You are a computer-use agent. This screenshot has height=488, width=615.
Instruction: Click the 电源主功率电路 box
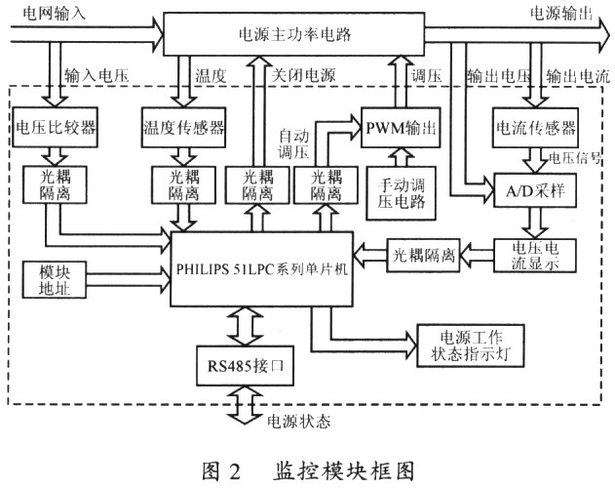point(293,35)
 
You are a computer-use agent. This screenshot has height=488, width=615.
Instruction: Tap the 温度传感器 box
point(183,127)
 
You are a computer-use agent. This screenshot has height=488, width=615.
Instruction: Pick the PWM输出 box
point(400,127)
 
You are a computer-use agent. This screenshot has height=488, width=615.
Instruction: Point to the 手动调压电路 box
point(399,191)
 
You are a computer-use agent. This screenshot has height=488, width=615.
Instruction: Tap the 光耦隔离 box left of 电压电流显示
point(424,256)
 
